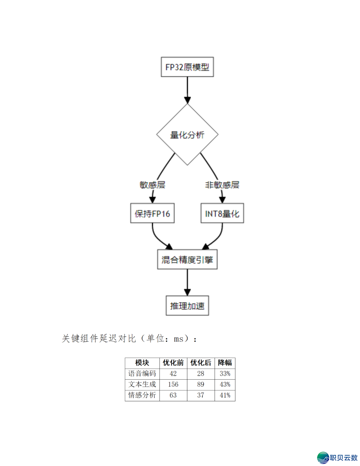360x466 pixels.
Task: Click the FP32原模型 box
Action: click(x=187, y=67)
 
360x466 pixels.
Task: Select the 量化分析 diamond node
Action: click(x=187, y=135)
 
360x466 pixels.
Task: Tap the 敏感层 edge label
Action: click(x=152, y=185)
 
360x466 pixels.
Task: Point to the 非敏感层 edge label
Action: click(x=222, y=185)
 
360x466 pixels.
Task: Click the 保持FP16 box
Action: click(x=152, y=213)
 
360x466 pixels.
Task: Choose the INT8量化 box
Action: click(x=222, y=213)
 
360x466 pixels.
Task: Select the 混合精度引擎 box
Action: click(x=187, y=260)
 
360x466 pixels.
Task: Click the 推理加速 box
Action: click(x=187, y=306)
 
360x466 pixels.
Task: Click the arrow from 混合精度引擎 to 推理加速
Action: click(x=187, y=282)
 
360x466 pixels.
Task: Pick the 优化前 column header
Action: click(x=173, y=363)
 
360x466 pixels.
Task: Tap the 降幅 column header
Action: click(x=225, y=363)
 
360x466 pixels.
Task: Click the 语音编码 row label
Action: click(x=142, y=374)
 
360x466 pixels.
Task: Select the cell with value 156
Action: click(x=173, y=384)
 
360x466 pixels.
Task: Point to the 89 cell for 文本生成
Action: click(x=201, y=384)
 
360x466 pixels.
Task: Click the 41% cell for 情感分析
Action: click(x=225, y=395)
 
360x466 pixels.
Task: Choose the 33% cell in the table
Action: click(x=225, y=374)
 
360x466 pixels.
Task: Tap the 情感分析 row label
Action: click(x=142, y=395)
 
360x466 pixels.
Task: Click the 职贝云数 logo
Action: click(x=337, y=458)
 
